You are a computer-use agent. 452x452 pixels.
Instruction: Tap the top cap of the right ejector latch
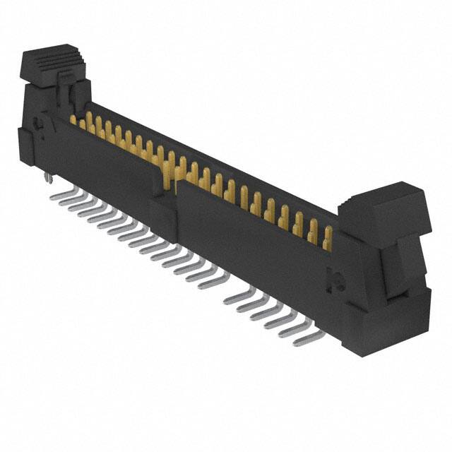pyautogui.click(x=382, y=197)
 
